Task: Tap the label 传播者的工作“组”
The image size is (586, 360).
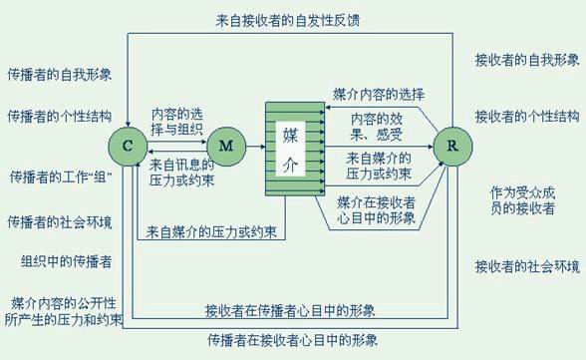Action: point(57,177)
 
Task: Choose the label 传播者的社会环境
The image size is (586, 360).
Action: point(57,220)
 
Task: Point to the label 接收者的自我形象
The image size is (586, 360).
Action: point(525,61)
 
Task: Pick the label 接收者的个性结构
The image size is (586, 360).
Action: point(525,115)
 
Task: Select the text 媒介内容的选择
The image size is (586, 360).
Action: point(378,95)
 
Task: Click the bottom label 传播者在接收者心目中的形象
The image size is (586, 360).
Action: point(293,340)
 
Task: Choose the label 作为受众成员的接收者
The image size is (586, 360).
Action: point(525,199)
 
